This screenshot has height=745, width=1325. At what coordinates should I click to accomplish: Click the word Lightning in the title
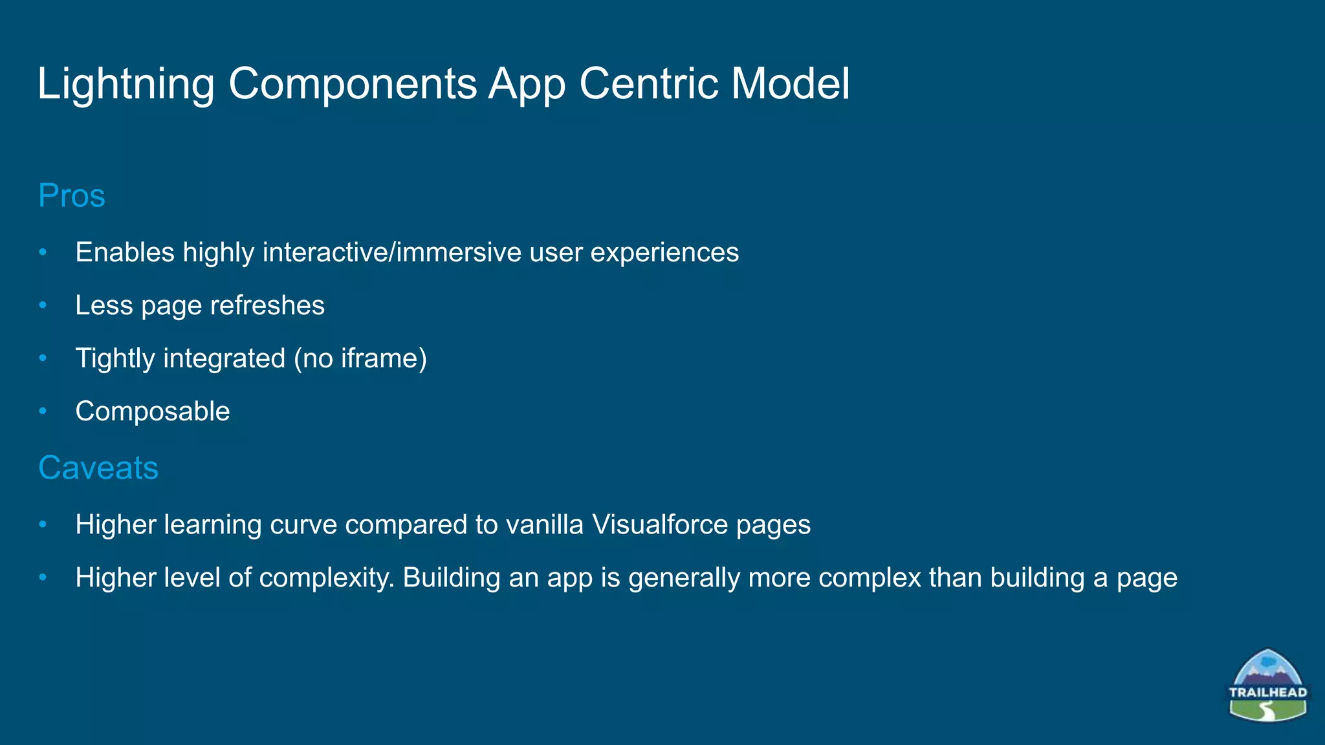(x=126, y=84)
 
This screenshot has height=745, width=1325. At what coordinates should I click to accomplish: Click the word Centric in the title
(x=649, y=84)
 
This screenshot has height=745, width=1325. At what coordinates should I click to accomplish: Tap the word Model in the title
(x=790, y=84)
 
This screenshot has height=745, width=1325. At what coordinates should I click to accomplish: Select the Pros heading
(x=71, y=195)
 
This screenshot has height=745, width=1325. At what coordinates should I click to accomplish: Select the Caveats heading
(x=98, y=468)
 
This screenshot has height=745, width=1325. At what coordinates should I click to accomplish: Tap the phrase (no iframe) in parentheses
(x=360, y=358)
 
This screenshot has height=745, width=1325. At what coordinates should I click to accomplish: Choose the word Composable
(x=153, y=411)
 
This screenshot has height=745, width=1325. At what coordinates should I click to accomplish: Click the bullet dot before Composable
(x=43, y=411)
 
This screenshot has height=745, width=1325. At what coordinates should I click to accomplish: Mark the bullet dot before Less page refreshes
(x=43, y=305)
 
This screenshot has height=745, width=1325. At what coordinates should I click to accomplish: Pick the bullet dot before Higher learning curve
(x=43, y=524)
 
